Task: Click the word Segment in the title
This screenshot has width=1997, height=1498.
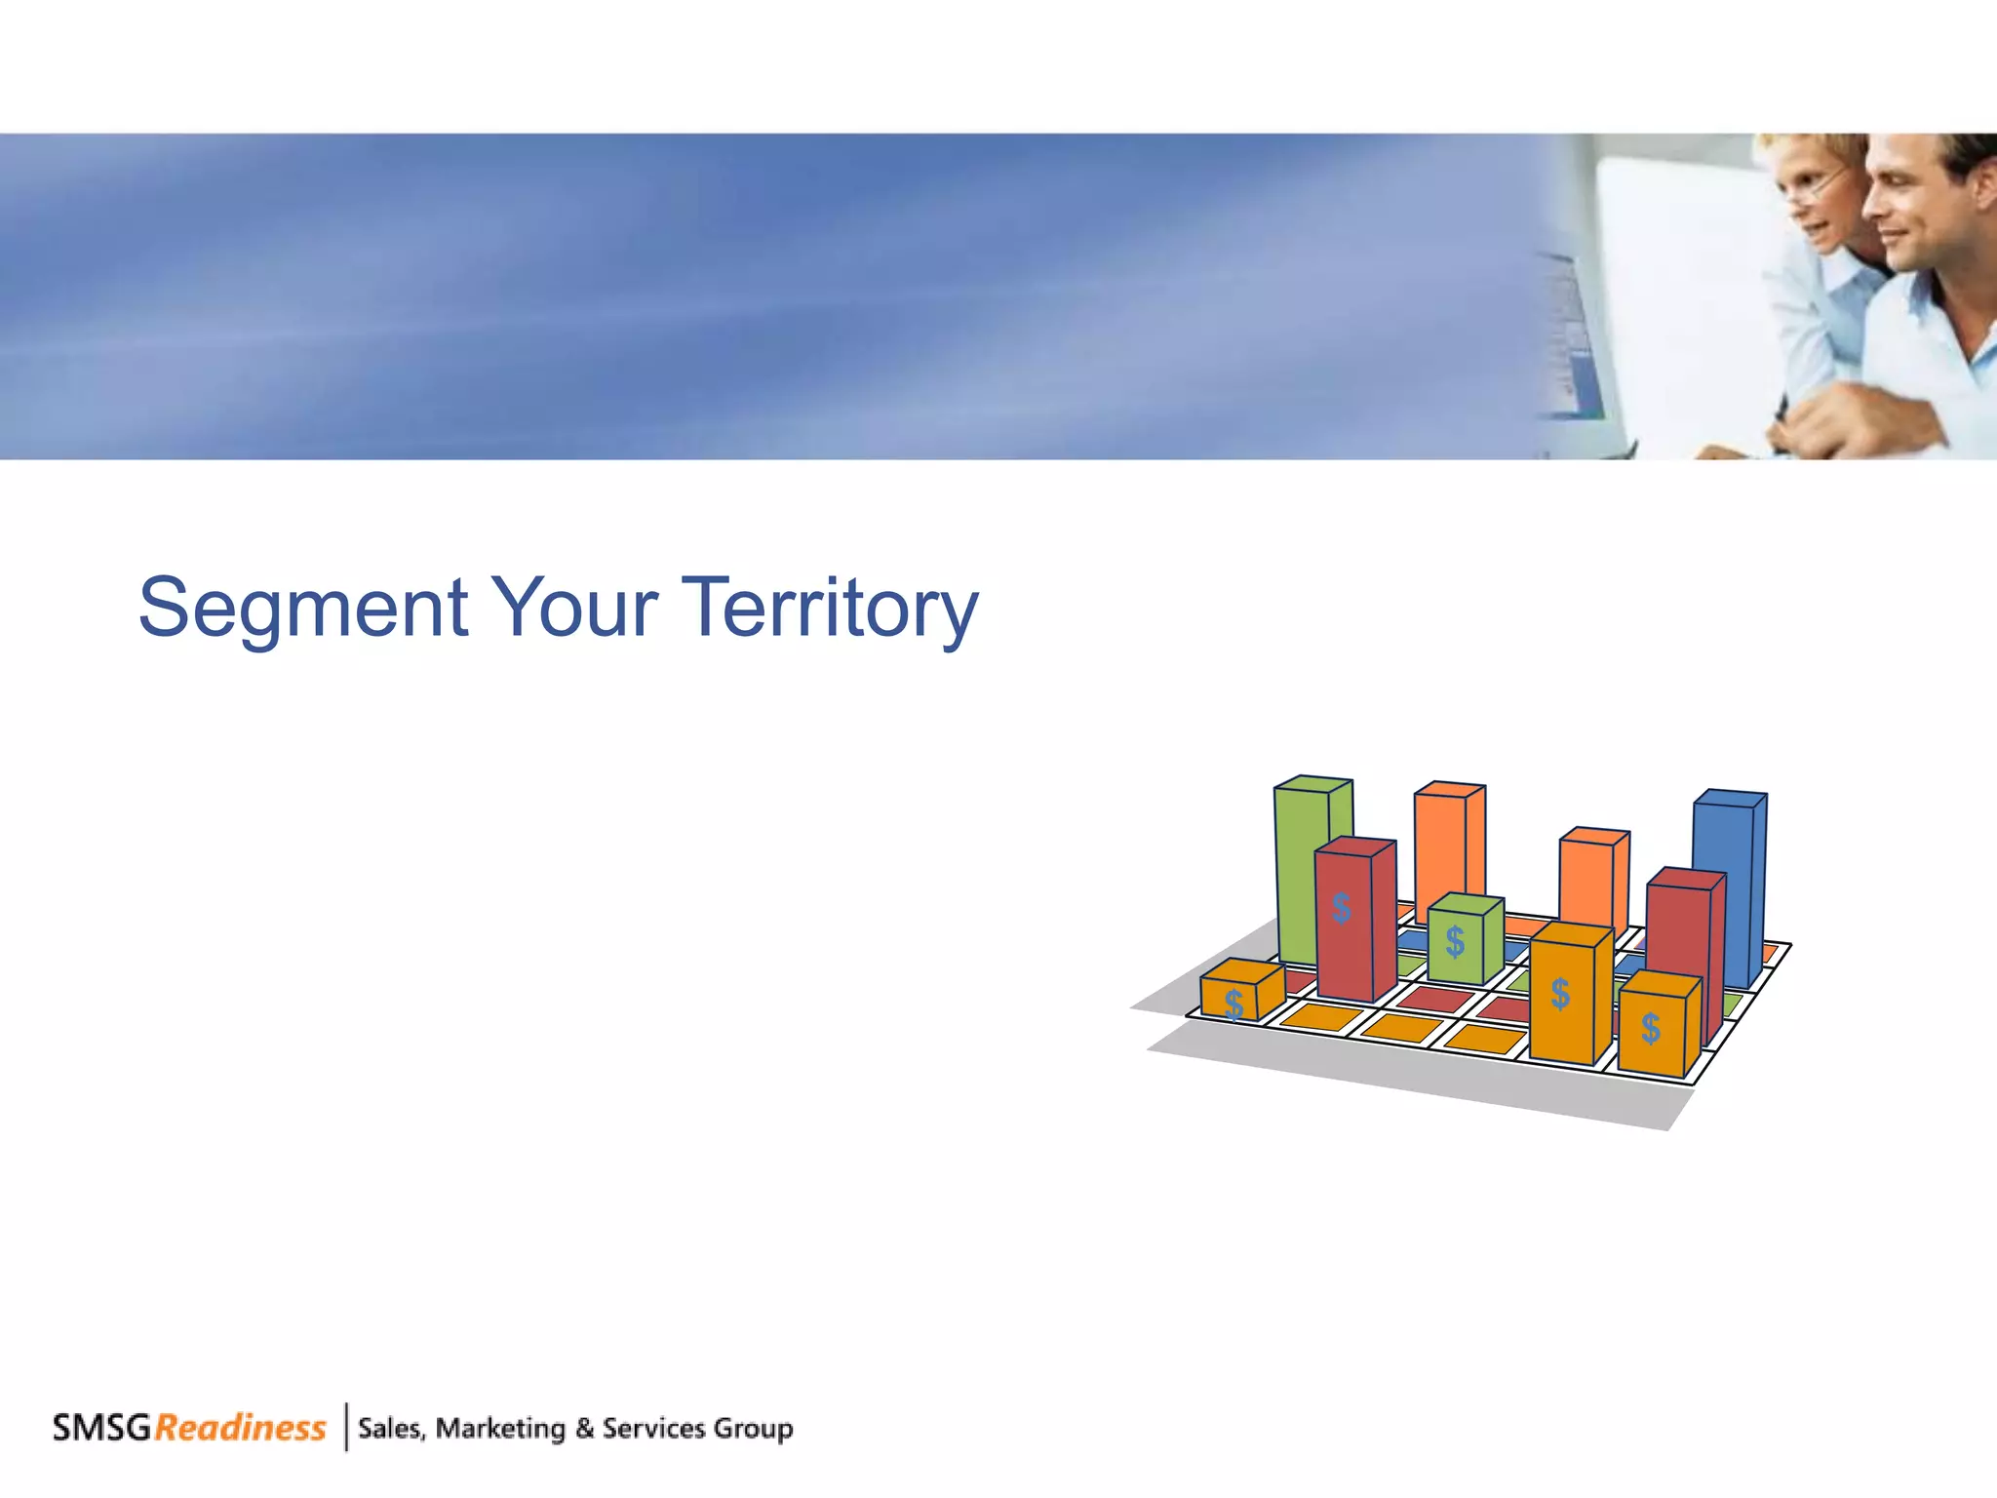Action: pos(302,609)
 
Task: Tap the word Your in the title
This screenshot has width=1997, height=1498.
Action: pos(573,609)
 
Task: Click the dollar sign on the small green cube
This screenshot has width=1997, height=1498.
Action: pos(1455,942)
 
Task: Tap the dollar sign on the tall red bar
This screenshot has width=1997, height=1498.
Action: pos(1342,908)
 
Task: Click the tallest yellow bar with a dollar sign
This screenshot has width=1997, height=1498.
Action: pos(1562,995)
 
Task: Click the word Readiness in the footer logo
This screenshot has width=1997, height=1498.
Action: pos(240,1428)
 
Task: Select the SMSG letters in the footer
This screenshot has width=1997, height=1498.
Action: pos(101,1428)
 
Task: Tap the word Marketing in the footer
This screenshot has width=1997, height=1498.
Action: pos(500,1429)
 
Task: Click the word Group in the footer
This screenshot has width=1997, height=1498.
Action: pos(752,1429)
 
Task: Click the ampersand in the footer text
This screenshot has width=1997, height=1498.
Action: pos(584,1429)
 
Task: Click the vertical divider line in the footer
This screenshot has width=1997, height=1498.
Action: pos(346,1427)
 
